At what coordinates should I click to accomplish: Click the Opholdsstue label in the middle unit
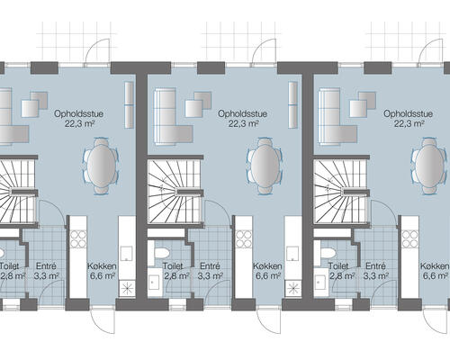(x=239, y=114)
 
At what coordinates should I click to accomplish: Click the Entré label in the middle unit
(x=210, y=266)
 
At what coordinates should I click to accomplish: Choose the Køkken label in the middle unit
(x=268, y=266)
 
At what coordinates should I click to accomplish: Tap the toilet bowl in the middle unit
(x=163, y=252)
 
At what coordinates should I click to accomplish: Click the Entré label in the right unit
(x=377, y=266)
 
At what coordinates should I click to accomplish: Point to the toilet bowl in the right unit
(x=328, y=252)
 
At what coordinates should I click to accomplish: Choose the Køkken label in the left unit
(x=103, y=266)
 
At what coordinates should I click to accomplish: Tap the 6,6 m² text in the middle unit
(x=268, y=277)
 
